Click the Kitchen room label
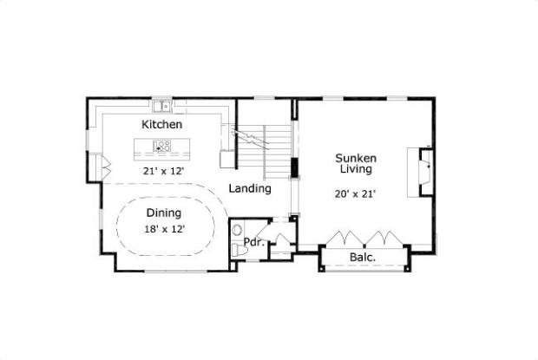[x=162, y=125]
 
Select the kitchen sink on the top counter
[x=161, y=107]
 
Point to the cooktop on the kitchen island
[x=161, y=146]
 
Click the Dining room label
[x=163, y=213]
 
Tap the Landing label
[x=250, y=188]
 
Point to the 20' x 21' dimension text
[x=356, y=194]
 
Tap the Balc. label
[x=362, y=258]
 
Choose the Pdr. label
[x=253, y=242]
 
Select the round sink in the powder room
[x=238, y=231]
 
